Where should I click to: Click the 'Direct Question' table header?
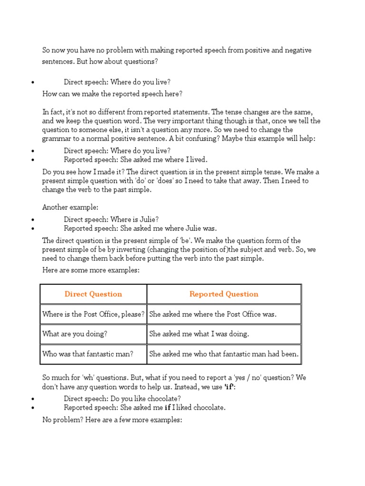pos(93,294)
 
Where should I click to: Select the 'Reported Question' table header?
pos(224,294)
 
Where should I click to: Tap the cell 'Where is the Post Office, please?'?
pos(93,314)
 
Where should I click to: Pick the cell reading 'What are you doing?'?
pos(75,334)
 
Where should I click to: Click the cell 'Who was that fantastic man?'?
pos(87,354)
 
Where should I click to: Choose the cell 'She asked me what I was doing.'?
pos(199,334)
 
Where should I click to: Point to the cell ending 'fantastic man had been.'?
pos(224,354)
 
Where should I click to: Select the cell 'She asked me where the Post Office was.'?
pos(212,314)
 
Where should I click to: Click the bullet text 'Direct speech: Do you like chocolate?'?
pos(122,399)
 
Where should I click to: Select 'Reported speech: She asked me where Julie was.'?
pos(140,228)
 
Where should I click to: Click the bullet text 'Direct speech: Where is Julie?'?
pos(111,219)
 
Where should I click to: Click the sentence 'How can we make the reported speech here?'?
pos(112,94)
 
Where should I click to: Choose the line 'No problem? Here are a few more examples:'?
pos(112,420)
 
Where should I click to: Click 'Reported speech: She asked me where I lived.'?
pos(135,159)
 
